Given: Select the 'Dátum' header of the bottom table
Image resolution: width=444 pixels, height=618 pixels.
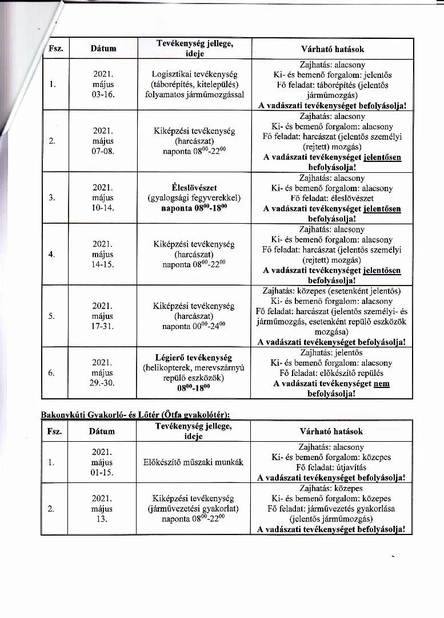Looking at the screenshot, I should click(103, 431).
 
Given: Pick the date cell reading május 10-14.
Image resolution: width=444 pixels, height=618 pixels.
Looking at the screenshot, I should click(103, 198).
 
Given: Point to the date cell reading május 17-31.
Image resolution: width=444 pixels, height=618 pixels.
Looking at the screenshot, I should click(103, 316).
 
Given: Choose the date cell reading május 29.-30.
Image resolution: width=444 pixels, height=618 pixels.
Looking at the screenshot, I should click(103, 373).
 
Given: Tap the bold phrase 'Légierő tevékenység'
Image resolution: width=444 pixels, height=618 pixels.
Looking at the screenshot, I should click(194, 357).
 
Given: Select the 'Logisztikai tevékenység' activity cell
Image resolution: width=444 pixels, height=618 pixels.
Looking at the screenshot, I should click(194, 74).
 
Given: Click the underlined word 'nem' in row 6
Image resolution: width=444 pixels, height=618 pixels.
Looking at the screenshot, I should click(381, 383).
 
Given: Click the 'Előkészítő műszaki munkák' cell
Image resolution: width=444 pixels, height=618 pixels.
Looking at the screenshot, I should click(194, 462).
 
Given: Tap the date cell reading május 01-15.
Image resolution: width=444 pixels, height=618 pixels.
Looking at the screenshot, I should click(103, 462).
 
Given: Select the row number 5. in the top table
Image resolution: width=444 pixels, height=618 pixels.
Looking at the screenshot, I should click(51, 316).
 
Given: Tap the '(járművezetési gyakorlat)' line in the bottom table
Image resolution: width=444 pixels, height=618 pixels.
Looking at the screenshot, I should click(194, 508).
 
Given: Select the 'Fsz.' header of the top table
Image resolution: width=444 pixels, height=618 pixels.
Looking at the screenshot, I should click(55, 49).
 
